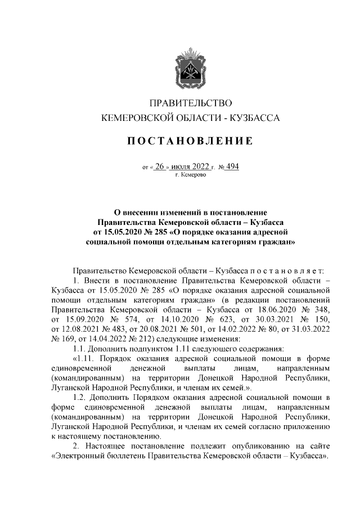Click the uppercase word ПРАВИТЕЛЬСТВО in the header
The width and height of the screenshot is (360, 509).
pos(190,103)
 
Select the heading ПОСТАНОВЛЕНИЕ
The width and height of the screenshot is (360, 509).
pos(190,140)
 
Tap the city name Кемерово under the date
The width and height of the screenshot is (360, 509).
pos(194,175)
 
